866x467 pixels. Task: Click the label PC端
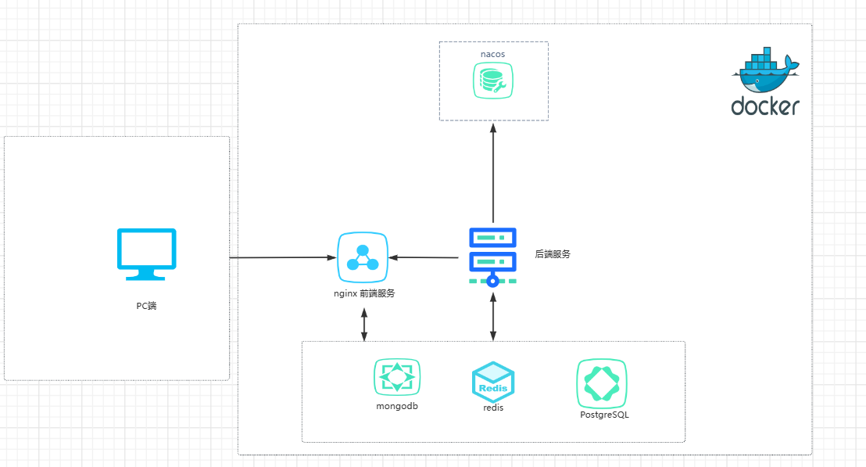coord(146,306)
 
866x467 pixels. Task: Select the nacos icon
coord(492,81)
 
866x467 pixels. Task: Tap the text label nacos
coord(492,54)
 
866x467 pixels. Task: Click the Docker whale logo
coord(765,73)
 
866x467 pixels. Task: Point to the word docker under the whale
coord(765,106)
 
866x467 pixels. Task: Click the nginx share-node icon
coord(363,257)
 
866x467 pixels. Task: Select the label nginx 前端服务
coord(364,293)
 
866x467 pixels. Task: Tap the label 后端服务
coord(553,253)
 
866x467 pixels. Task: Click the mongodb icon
coord(397,377)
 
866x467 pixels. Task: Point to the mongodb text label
coord(397,406)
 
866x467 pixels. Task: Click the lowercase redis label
coord(493,408)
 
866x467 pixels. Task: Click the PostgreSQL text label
coord(604,415)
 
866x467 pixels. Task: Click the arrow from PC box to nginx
coord(281,257)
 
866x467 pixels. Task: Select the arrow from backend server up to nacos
coord(493,172)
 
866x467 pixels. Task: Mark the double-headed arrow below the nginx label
coord(364,324)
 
